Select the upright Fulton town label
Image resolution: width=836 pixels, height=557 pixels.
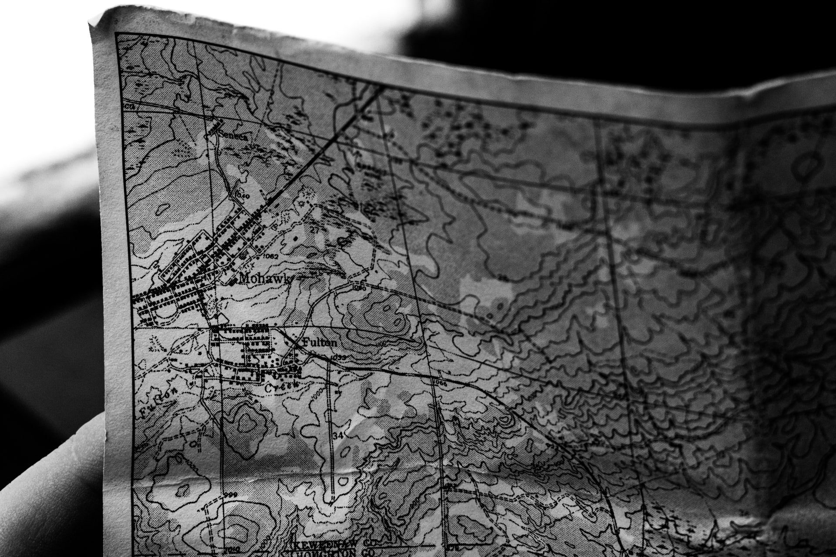coord(319,342)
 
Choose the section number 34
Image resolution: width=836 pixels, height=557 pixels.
coord(337,436)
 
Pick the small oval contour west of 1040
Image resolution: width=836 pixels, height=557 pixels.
coord(162,210)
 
